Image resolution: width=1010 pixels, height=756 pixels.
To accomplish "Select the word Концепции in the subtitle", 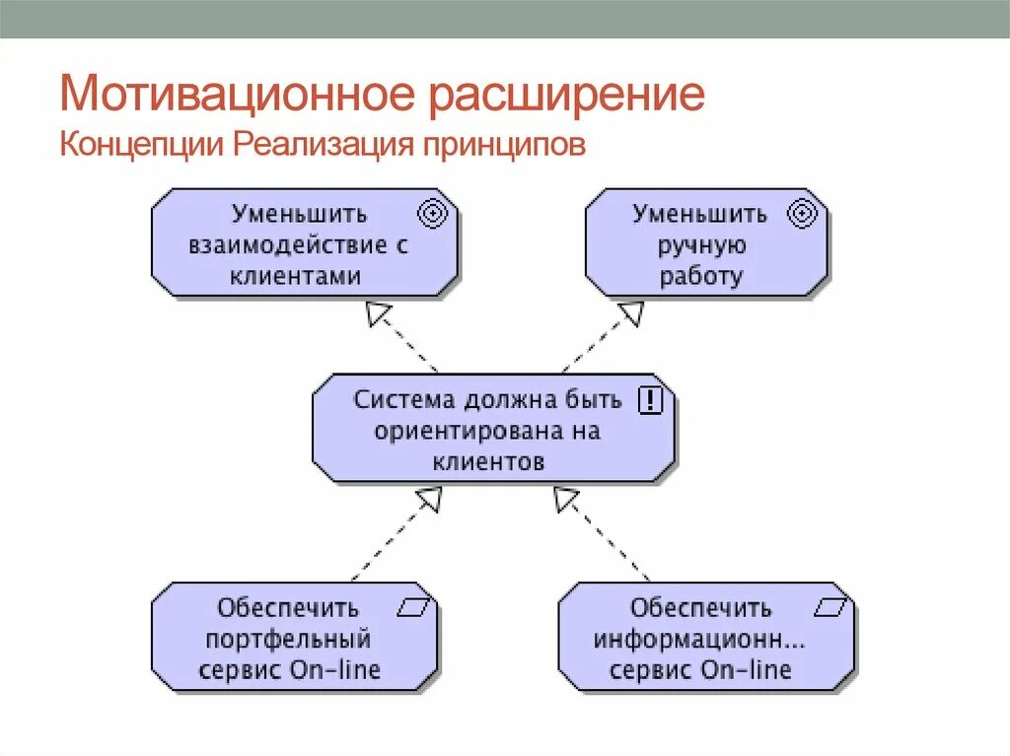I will coord(141,145).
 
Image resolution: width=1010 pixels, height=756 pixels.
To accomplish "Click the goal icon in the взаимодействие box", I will coord(434,213).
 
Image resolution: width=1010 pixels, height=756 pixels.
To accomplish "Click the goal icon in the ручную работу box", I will coord(803,213).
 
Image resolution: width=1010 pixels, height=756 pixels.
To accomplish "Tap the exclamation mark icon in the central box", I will coord(652,400).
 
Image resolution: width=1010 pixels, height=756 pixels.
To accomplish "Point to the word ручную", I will coord(700,244).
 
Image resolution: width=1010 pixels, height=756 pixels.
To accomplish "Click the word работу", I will coord(700,276).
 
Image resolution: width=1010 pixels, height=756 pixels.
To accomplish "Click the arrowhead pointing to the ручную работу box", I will coord(630,314).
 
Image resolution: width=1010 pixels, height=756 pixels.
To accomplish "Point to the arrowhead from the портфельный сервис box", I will coord(427,501).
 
